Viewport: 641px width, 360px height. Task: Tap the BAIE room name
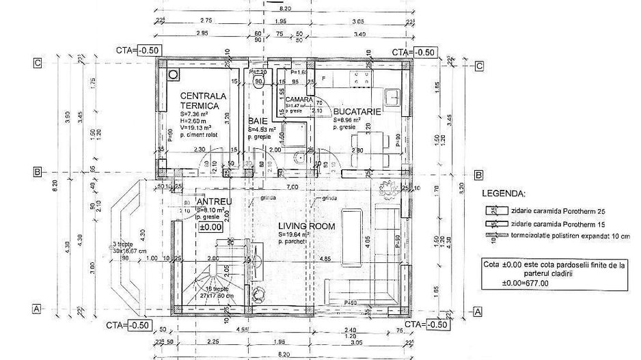click(x=258, y=120)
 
